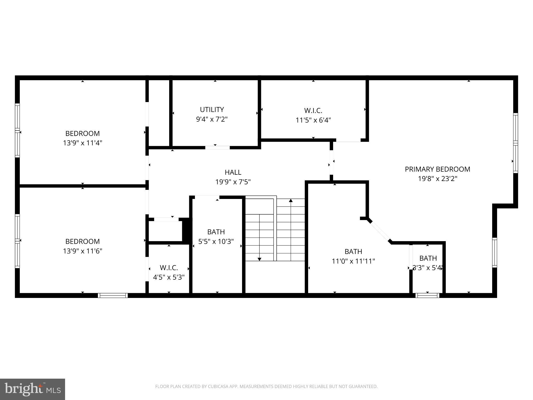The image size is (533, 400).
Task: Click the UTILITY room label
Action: (212, 109)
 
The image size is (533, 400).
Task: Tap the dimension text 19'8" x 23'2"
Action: (437, 179)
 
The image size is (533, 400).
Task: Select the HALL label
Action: (233, 172)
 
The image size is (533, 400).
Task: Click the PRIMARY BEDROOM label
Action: (437, 169)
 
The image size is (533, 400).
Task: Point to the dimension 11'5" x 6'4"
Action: (313, 120)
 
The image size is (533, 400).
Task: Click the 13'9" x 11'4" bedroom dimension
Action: (83, 143)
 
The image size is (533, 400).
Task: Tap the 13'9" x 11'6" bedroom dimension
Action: (83, 251)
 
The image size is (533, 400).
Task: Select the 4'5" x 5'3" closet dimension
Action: (169, 277)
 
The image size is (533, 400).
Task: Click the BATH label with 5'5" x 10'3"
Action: (216, 232)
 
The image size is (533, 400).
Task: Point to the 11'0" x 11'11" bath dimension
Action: (353, 261)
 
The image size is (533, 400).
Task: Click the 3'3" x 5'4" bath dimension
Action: (427, 268)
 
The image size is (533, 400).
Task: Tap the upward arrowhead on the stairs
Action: (291, 201)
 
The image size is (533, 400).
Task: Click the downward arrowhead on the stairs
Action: (259, 259)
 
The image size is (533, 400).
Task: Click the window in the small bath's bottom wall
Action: (427, 295)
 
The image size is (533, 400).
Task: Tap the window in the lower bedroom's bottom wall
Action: (113, 295)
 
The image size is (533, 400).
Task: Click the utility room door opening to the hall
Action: (217, 148)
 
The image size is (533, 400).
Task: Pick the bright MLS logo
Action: (33, 389)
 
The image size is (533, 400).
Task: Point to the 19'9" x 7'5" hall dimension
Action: (233, 182)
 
